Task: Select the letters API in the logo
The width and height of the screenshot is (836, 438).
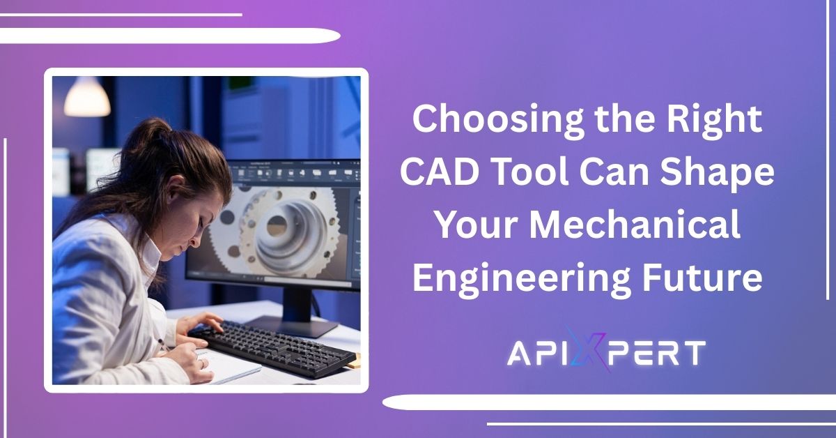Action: click(536, 354)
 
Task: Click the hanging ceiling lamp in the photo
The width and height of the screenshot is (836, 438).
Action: click(86, 96)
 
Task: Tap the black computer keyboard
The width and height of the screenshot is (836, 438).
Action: click(272, 348)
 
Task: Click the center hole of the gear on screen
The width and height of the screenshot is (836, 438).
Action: click(277, 226)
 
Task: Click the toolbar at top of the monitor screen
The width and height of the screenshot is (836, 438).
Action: click(295, 174)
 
